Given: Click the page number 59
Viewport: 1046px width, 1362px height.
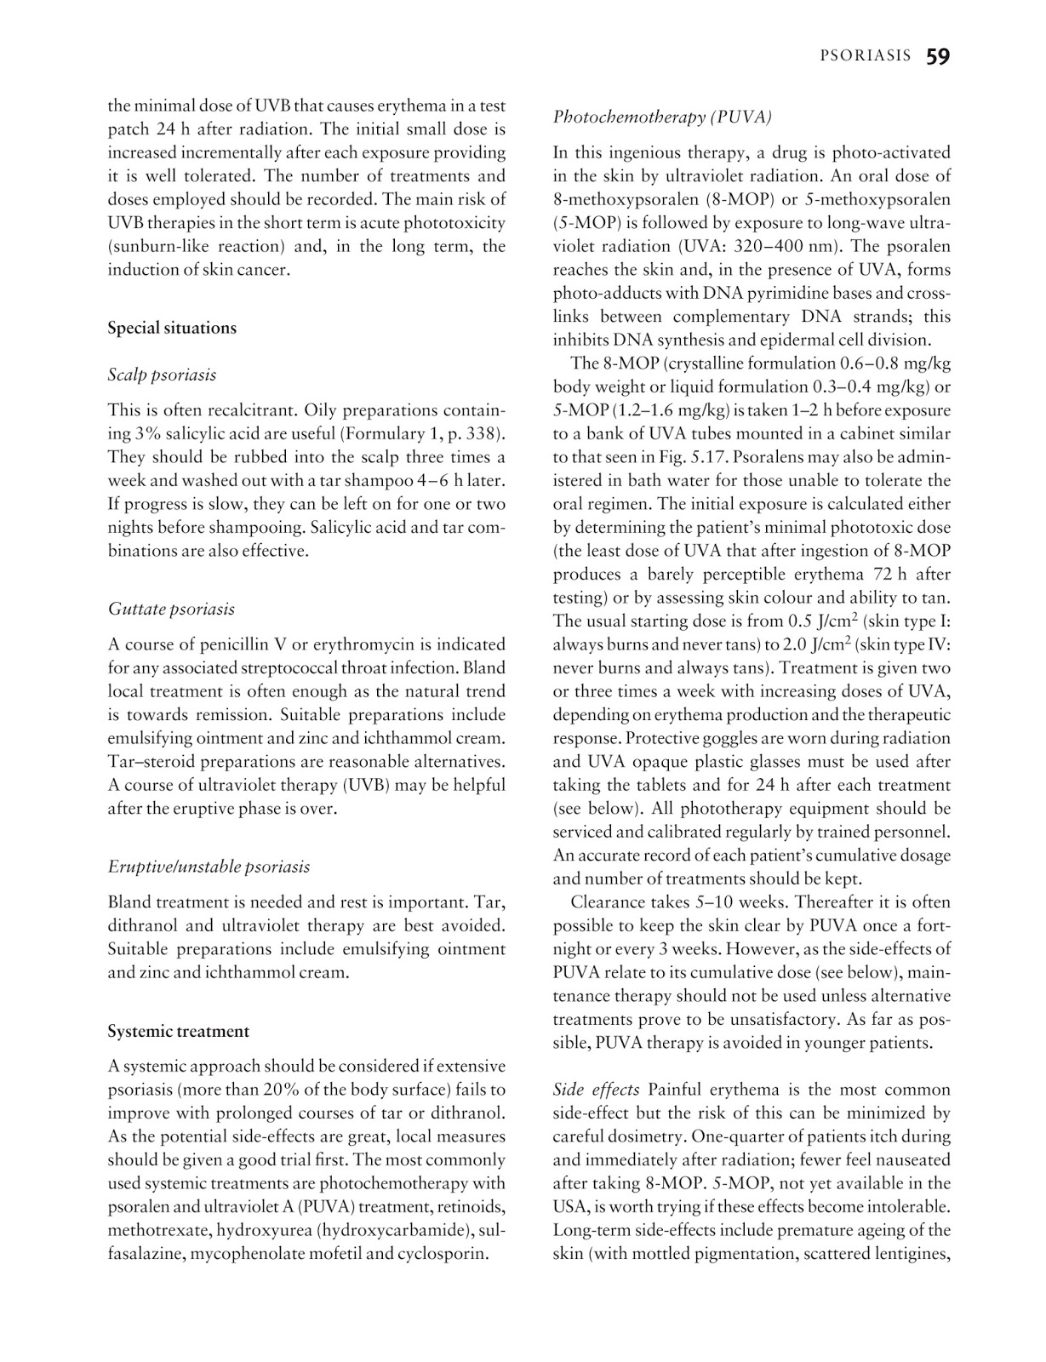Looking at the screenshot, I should tap(938, 57).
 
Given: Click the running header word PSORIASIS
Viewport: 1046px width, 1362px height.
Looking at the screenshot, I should tap(865, 57).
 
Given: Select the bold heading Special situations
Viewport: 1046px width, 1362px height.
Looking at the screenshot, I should tap(172, 328).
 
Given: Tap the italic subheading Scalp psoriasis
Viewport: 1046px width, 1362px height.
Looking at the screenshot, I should tap(162, 375).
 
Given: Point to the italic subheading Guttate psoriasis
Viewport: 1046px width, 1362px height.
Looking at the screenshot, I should tap(171, 609).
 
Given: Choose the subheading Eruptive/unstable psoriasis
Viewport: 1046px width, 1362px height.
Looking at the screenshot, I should tap(209, 867).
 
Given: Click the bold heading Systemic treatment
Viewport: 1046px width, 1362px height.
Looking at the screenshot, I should tap(178, 1031).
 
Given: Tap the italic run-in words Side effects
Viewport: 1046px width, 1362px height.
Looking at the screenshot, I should tap(597, 1090).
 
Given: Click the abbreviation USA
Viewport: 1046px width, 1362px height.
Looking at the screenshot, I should tap(569, 1206).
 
